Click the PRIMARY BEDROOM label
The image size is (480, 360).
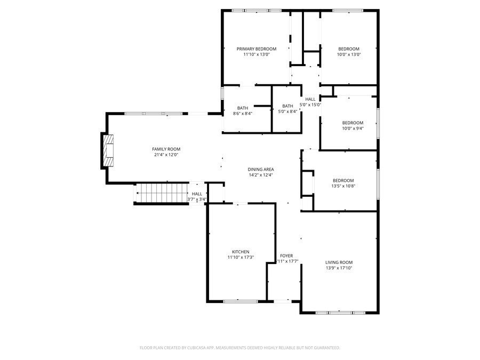256,49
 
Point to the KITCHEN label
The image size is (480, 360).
240,252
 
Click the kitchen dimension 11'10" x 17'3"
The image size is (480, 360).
240,258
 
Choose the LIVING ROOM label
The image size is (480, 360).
339,262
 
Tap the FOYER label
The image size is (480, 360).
286,256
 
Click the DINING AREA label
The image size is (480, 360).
261,169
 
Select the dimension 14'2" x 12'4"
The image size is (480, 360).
261,175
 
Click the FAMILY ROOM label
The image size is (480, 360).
166,149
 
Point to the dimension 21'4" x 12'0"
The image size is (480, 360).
166,155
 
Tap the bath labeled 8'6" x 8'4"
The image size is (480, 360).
243,109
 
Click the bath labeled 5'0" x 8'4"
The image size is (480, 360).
287,109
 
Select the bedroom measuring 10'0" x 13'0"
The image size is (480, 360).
349,51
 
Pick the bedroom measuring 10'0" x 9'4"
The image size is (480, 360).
353,125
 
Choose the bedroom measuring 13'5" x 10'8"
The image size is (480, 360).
343,183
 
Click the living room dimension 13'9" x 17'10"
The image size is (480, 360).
339,268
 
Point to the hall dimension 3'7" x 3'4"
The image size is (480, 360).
197,199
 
